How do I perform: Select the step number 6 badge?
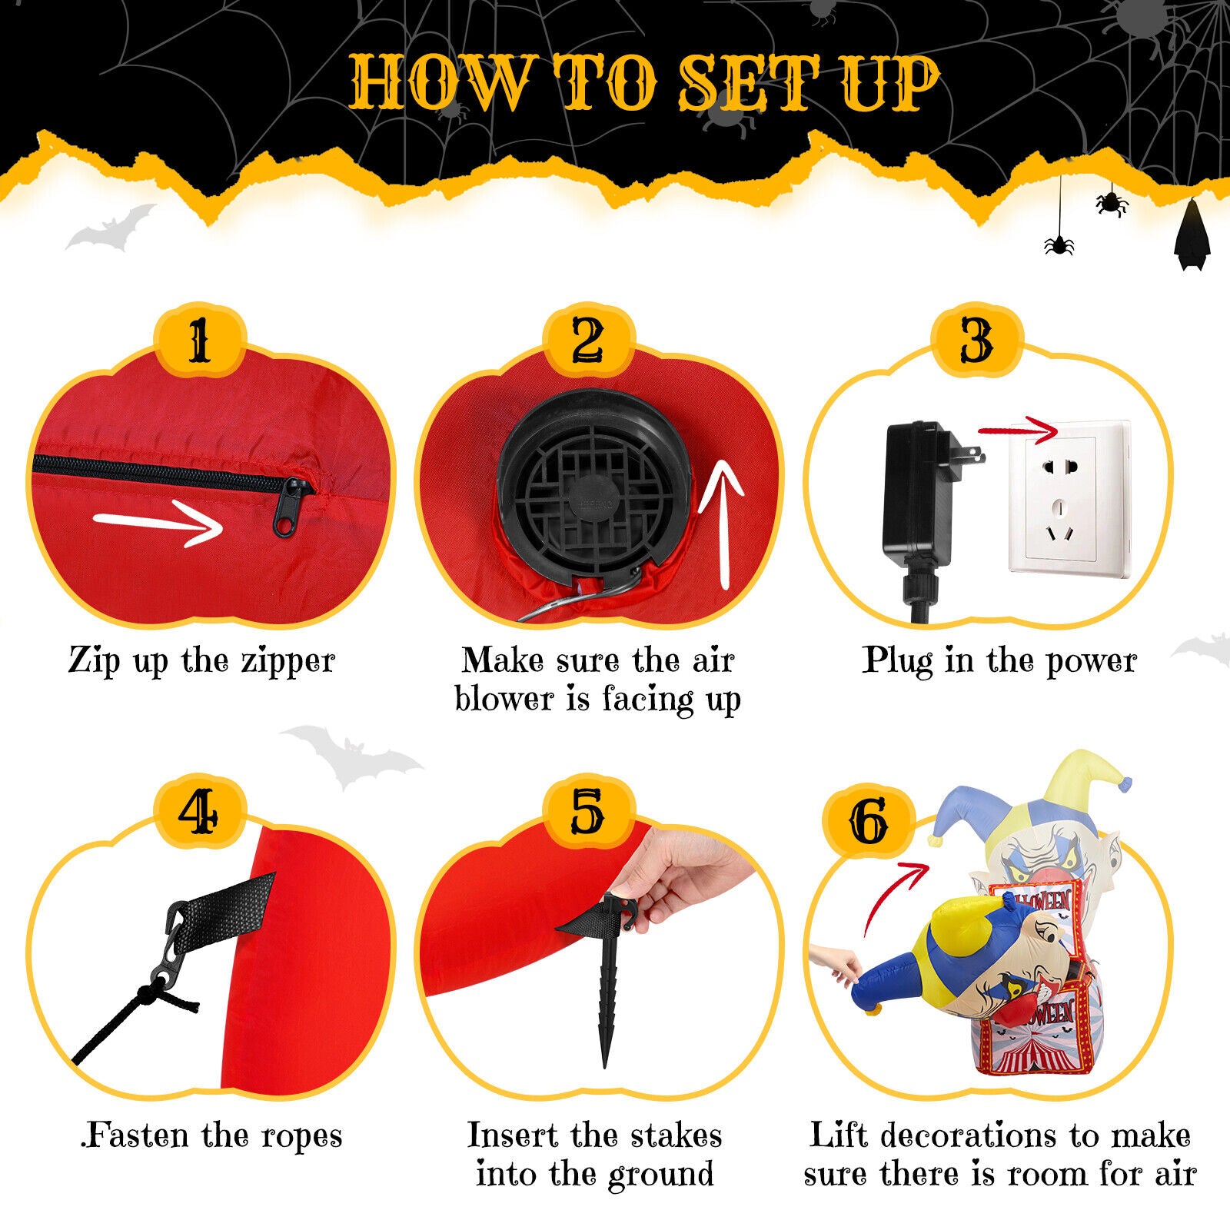(x=869, y=822)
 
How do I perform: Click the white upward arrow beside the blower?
(x=720, y=523)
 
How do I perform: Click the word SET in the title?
(x=750, y=83)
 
